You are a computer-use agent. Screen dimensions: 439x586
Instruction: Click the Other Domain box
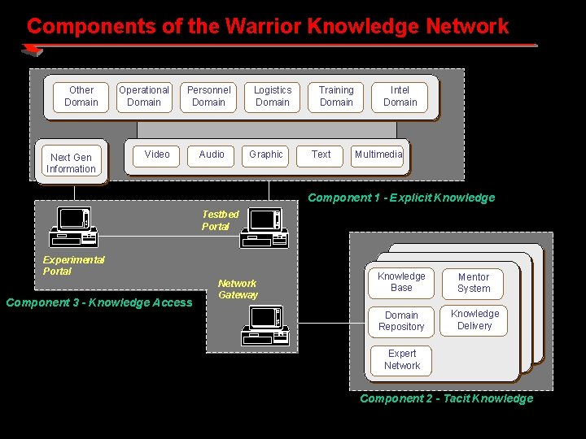81,97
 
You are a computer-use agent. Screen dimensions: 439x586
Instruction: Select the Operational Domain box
144,97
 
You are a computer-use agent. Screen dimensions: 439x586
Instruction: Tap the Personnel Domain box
208,97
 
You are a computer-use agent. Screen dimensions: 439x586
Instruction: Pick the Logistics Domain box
273,97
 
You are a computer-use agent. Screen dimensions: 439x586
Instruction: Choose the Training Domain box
336,97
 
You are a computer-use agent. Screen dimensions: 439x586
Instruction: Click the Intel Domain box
400,97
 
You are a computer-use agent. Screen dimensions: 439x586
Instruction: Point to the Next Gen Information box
71,163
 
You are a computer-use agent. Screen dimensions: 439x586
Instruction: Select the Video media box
157,154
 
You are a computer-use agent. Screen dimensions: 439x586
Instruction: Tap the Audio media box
212,154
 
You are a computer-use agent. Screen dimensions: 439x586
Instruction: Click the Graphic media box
266,154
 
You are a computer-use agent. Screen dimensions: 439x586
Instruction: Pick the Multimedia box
378,154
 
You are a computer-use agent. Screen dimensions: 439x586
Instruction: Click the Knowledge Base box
401,282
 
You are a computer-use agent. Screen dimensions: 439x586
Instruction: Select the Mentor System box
474,283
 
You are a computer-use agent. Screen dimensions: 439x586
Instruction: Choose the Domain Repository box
401,321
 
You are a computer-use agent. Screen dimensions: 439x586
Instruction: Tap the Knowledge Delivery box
474,319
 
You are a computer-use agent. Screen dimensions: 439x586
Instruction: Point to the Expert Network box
402,359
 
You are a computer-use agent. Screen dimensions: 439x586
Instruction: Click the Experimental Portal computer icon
73,227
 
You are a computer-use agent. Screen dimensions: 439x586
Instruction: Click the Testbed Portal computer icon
265,228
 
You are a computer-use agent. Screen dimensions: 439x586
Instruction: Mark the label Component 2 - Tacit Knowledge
446,398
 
